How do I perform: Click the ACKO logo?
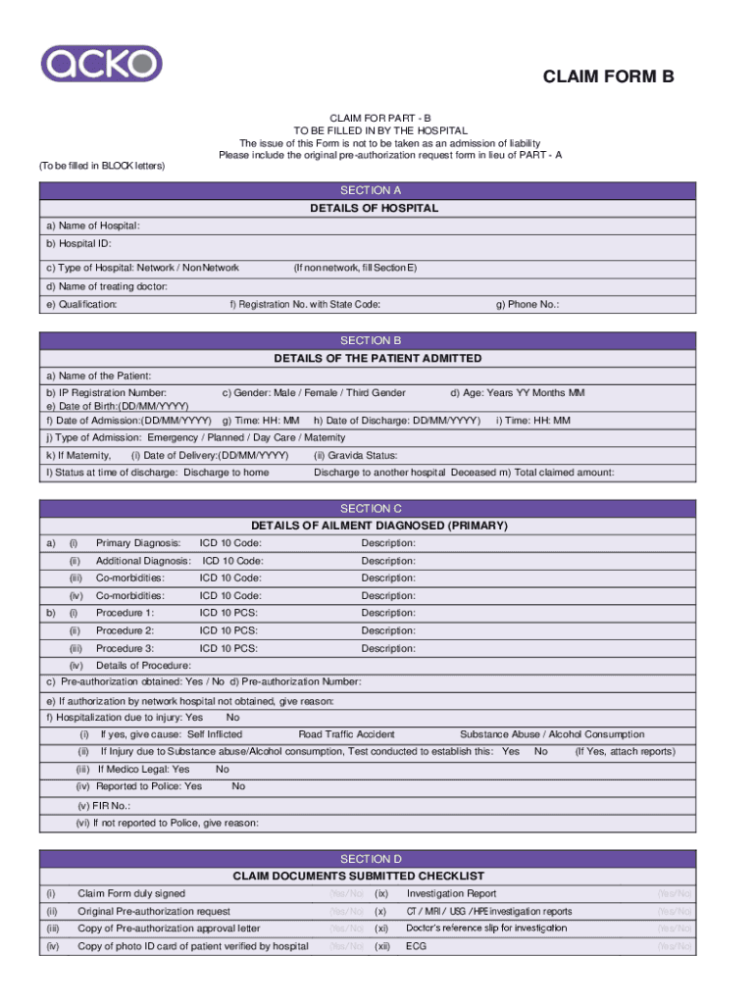pyautogui.click(x=101, y=65)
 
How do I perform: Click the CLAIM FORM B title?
pyautogui.click(x=609, y=78)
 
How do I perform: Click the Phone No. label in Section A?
pyautogui.click(x=528, y=304)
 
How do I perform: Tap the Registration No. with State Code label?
pyautogui.click(x=305, y=304)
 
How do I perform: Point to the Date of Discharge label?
pyautogui.click(x=397, y=421)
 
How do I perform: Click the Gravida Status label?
pyautogui.click(x=355, y=455)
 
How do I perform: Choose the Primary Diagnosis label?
pyautogui.click(x=137, y=543)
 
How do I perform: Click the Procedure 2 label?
pyautogui.click(x=125, y=630)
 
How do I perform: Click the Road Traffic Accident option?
pyautogui.click(x=346, y=734)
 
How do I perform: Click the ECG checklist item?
pyautogui.click(x=416, y=946)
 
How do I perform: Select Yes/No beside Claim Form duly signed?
pyautogui.click(x=346, y=893)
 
